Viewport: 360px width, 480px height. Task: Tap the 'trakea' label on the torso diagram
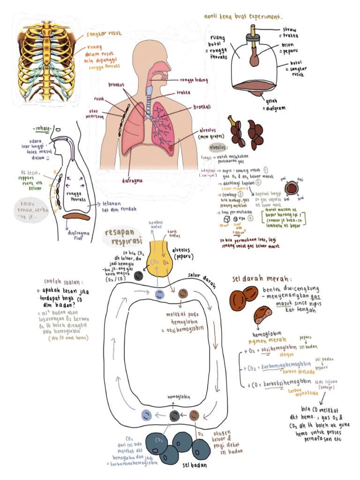(183, 92)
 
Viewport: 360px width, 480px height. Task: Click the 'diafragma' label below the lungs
(133, 179)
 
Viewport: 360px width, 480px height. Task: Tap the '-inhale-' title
(42, 129)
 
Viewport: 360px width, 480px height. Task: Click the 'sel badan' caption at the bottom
(194, 465)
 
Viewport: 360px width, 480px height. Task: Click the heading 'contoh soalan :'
(63, 282)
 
